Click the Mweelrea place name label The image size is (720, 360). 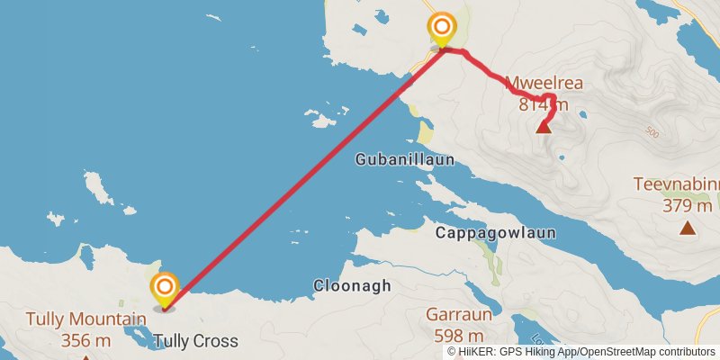tap(544, 84)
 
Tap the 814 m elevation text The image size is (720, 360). tap(544, 104)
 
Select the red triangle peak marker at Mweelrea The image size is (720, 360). tap(544, 126)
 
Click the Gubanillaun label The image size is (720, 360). tap(404, 159)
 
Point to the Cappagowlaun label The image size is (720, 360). tap(495, 232)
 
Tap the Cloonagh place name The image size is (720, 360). tap(352, 286)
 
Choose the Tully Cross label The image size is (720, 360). tap(195, 341)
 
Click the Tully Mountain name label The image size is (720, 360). tap(85, 319)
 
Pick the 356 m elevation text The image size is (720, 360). tap(85, 340)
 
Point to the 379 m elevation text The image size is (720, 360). tap(687, 206)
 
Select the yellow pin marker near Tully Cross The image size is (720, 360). tap(165, 289)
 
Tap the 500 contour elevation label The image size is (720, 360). tap(652, 133)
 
